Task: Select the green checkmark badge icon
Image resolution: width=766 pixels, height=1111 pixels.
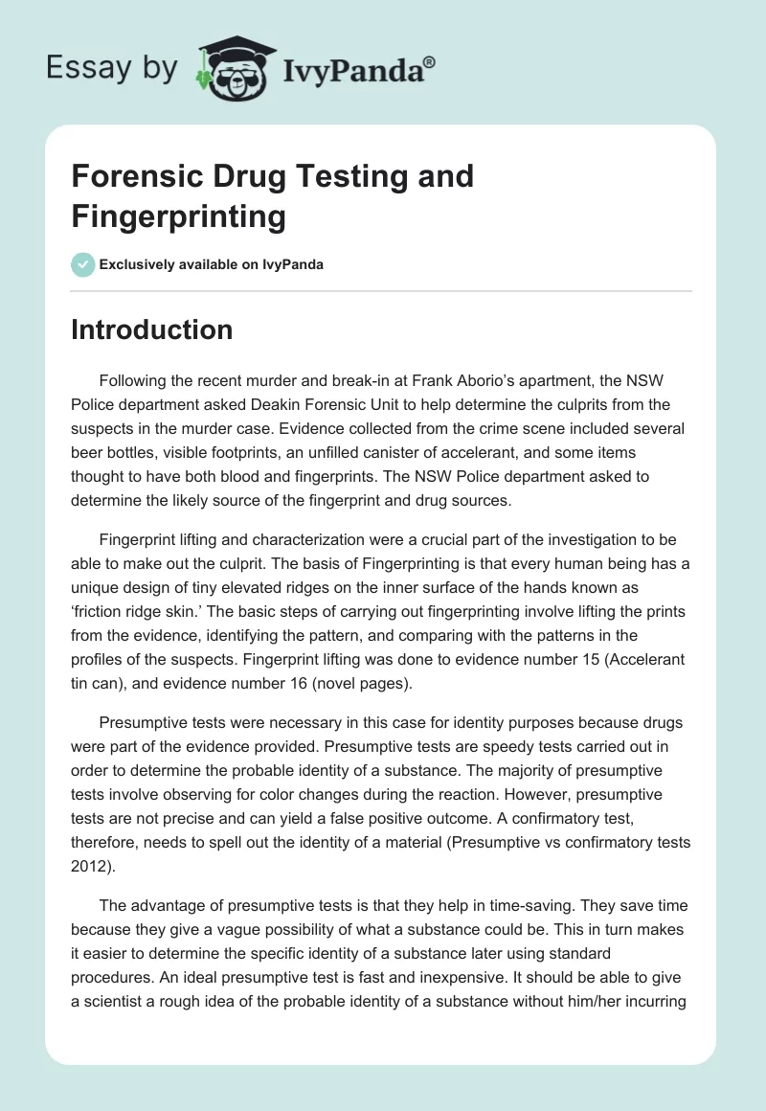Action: pyautogui.click(x=83, y=264)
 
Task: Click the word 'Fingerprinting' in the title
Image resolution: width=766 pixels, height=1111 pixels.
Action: pyautogui.click(x=179, y=216)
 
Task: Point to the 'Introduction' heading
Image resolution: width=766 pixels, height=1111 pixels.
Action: pyautogui.click(x=152, y=329)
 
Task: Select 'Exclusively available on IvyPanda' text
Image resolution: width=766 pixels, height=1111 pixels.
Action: pyautogui.click(x=212, y=264)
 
